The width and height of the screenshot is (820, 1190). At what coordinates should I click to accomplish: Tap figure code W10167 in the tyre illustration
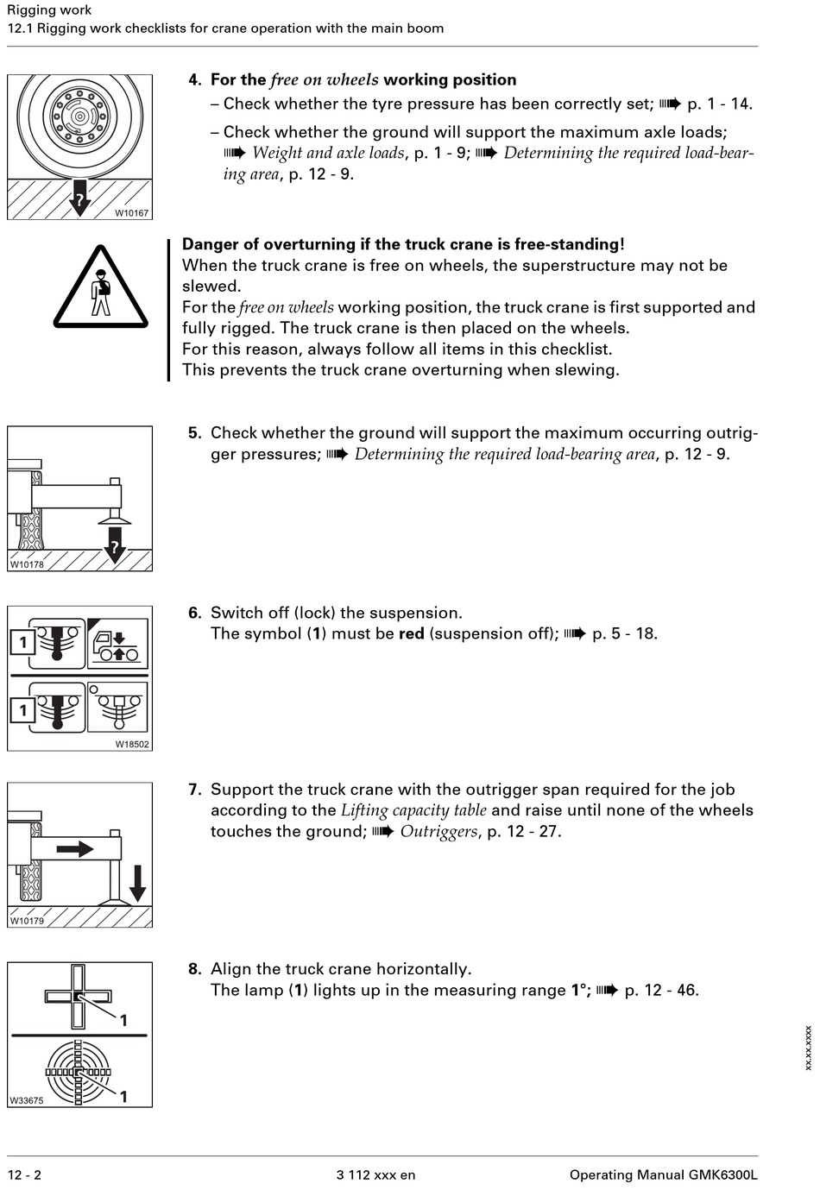pyautogui.click(x=131, y=213)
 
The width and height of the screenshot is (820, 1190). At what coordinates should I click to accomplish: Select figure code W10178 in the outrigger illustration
pyautogui.click(x=27, y=564)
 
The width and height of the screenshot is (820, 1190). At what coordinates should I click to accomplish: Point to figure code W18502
pyautogui.click(x=132, y=744)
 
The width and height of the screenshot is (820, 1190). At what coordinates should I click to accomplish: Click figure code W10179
pyautogui.click(x=27, y=921)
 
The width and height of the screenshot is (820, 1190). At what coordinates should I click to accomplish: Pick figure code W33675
pyautogui.click(x=27, y=1100)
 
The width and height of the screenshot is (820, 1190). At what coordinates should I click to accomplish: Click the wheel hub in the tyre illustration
pyautogui.click(x=79, y=115)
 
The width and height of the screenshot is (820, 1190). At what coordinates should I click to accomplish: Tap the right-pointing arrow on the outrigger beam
pyautogui.click(x=75, y=849)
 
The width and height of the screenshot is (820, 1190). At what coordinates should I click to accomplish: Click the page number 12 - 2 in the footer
pyautogui.click(x=24, y=1174)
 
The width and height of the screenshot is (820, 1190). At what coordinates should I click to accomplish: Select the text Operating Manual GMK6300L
pyautogui.click(x=663, y=1174)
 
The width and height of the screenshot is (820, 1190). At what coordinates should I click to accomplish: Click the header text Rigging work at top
pyautogui.click(x=49, y=10)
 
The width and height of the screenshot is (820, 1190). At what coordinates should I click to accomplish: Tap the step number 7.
pyautogui.click(x=194, y=790)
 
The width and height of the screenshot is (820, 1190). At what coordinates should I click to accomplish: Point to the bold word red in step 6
pyautogui.click(x=412, y=634)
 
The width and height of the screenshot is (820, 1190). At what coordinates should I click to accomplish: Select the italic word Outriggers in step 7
pyautogui.click(x=438, y=832)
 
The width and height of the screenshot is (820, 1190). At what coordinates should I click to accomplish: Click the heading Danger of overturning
pyautogui.click(x=403, y=244)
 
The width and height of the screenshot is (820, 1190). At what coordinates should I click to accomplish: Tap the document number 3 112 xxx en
pyautogui.click(x=375, y=1174)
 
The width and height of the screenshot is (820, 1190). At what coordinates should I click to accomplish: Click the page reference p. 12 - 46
pyautogui.click(x=661, y=991)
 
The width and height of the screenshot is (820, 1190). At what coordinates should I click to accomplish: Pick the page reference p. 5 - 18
pyautogui.click(x=624, y=634)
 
